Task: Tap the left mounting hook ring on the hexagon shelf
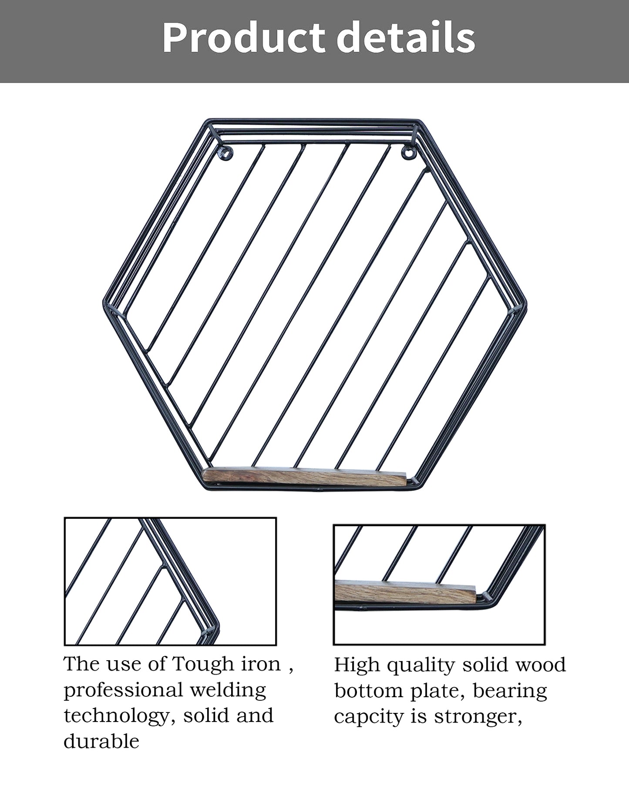pyautogui.click(x=226, y=152)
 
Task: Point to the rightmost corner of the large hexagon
pyautogui.click(x=526, y=302)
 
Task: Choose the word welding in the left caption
pyautogui.click(x=229, y=691)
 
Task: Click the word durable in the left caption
pyautogui.click(x=101, y=742)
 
